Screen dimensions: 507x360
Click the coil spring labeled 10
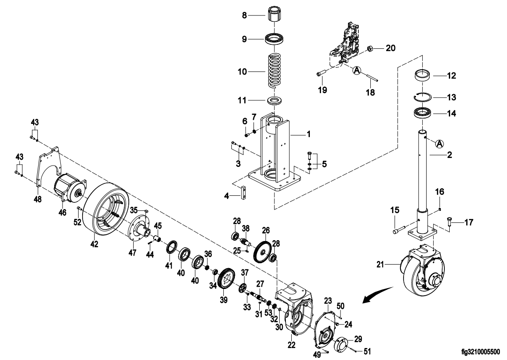click(274, 71)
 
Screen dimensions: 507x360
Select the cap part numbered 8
click(274, 15)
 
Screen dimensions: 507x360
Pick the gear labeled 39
click(226, 280)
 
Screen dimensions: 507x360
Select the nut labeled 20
click(371, 49)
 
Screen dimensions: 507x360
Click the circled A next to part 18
click(356, 70)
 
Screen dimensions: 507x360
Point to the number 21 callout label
click(380, 265)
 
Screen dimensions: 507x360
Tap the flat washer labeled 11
click(274, 100)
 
